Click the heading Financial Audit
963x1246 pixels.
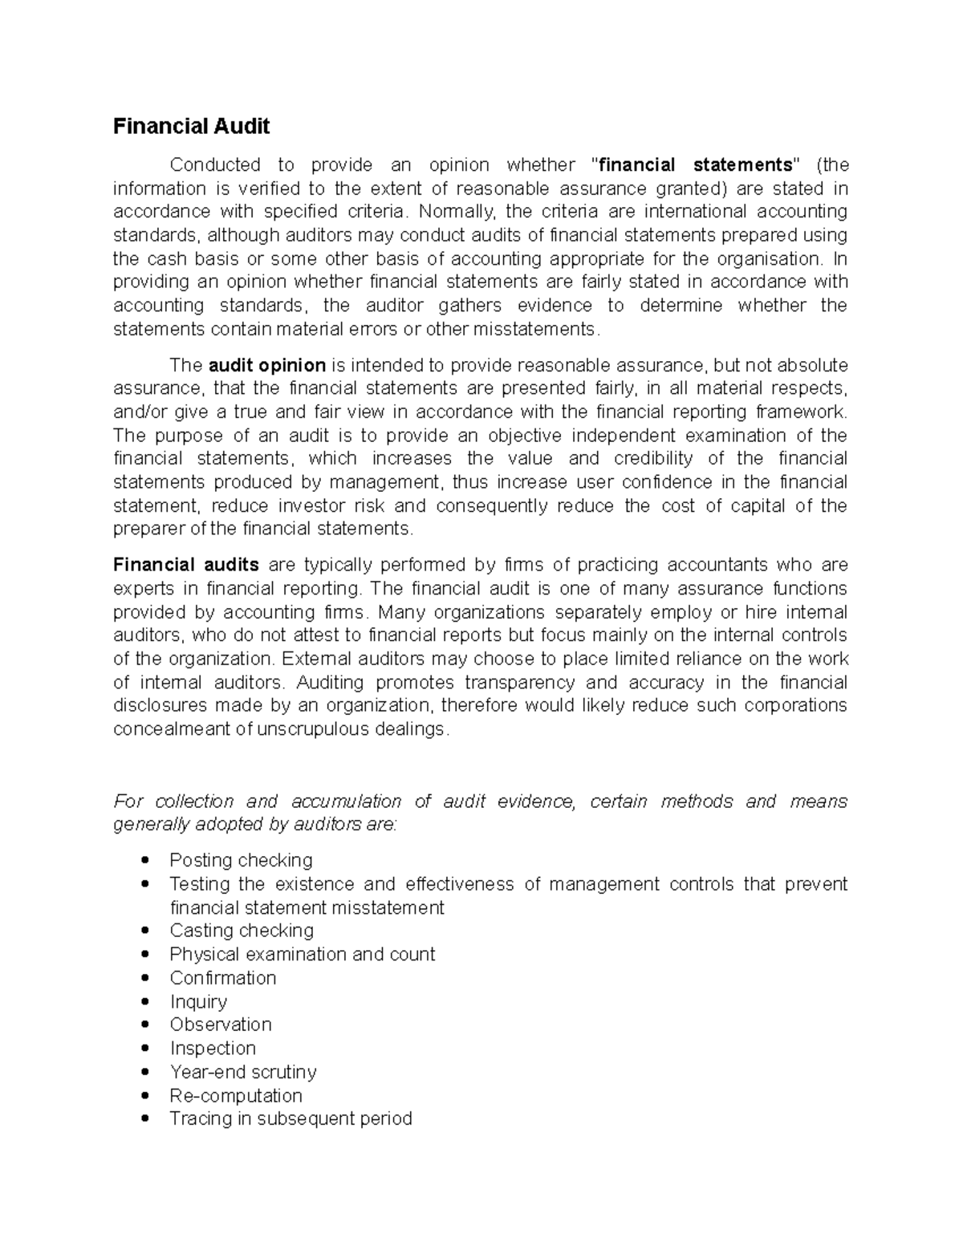click(x=191, y=126)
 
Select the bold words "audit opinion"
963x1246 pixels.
click(x=266, y=366)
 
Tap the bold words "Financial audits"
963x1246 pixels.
click(x=186, y=565)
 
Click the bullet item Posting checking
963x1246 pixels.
click(x=241, y=860)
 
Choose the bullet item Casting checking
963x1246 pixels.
click(x=242, y=931)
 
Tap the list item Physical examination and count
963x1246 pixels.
click(x=302, y=954)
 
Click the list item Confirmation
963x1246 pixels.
click(x=223, y=978)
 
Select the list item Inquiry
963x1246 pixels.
click(x=198, y=1001)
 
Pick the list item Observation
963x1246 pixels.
click(x=221, y=1025)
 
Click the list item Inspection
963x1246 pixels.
click(x=213, y=1049)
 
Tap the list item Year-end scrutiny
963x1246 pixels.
click(x=243, y=1072)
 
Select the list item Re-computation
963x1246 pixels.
click(x=236, y=1096)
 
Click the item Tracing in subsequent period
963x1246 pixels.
click(x=291, y=1118)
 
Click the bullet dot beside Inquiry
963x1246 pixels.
click(x=144, y=1001)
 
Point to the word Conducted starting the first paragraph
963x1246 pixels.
click(x=215, y=165)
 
